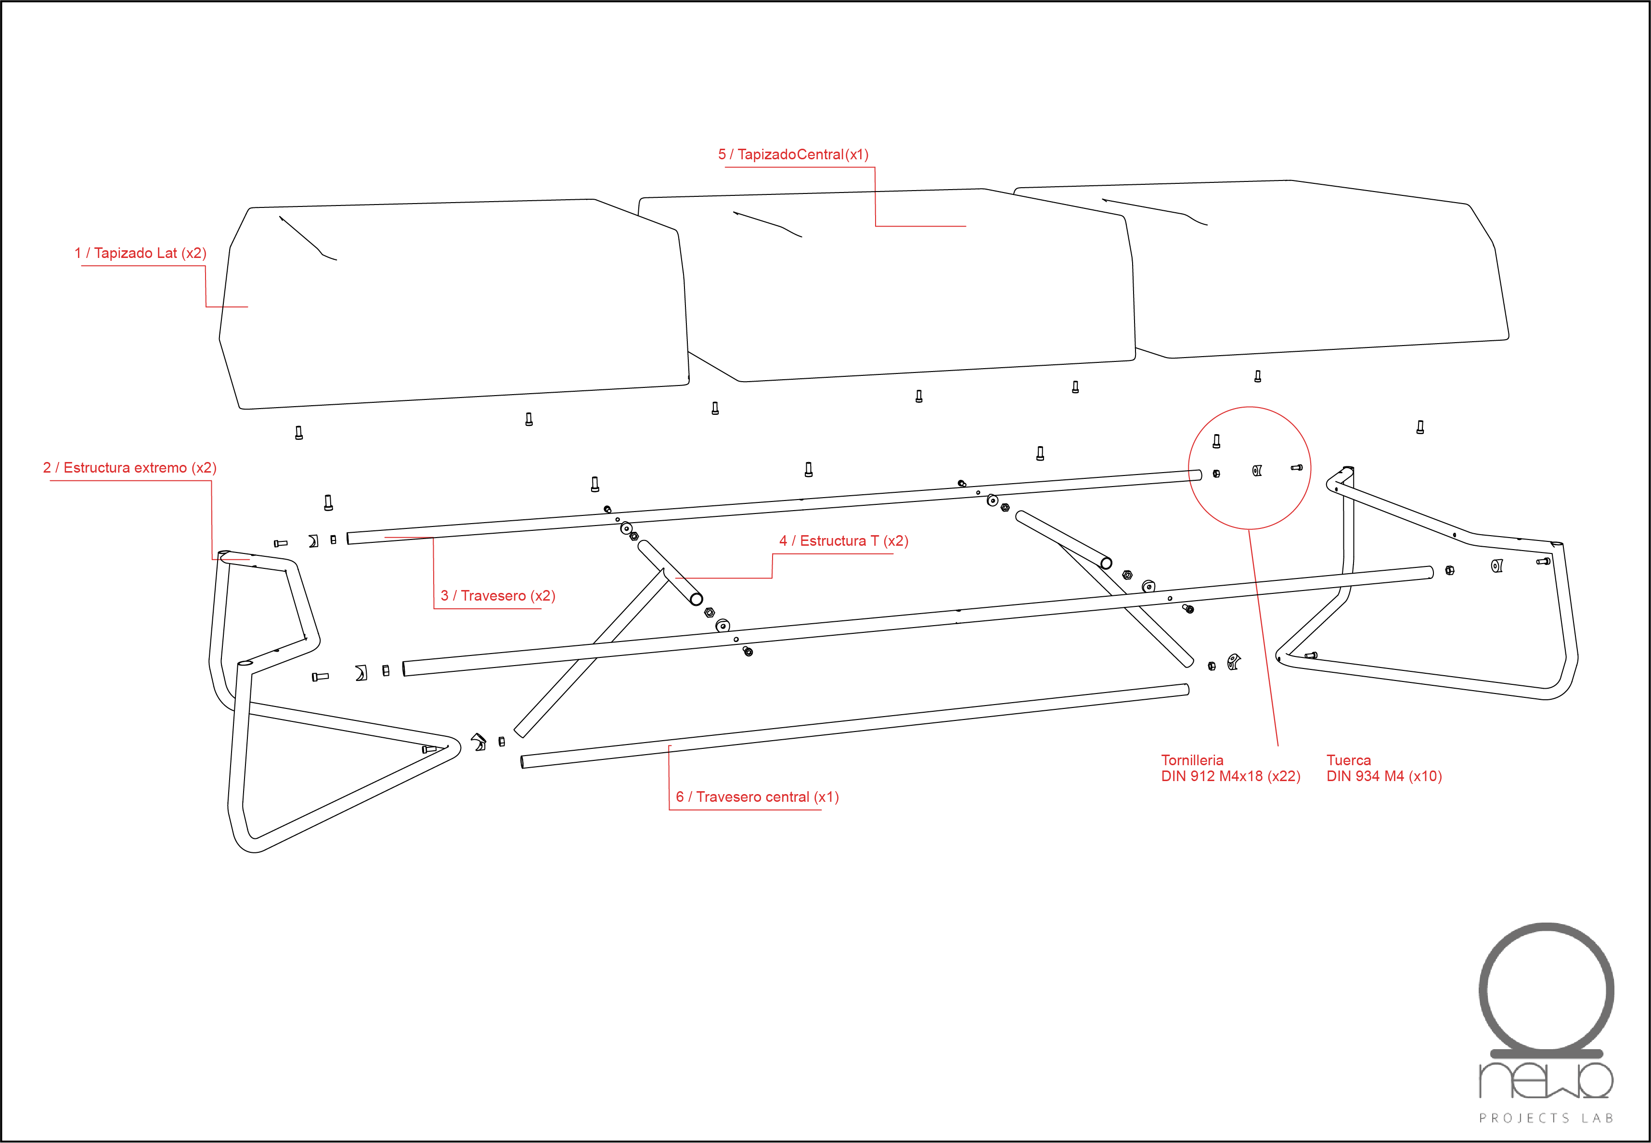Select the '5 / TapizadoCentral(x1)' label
point(794,154)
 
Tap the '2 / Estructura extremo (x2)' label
point(129,468)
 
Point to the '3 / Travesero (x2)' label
point(498,596)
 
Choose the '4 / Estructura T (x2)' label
point(844,541)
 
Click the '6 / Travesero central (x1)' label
point(757,797)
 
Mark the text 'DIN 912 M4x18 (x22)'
point(1231,776)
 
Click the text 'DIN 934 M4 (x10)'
point(1384,776)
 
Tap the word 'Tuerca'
point(1348,760)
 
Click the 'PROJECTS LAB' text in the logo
point(1546,1118)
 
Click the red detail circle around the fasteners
point(1189,468)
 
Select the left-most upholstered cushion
point(454,304)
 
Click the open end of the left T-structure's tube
point(696,599)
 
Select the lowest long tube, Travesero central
point(854,726)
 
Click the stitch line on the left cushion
point(308,239)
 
